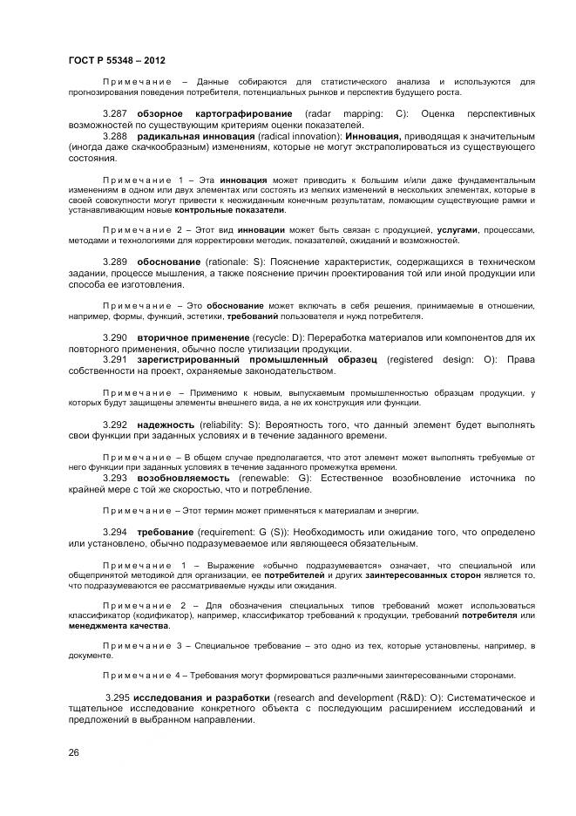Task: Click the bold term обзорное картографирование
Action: point(217,114)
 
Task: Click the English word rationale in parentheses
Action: point(226,262)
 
